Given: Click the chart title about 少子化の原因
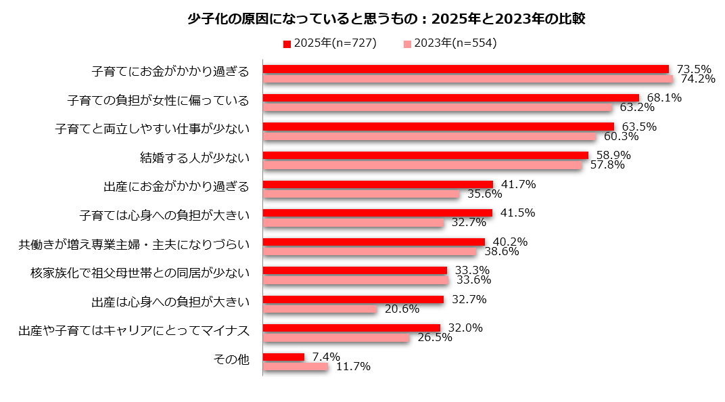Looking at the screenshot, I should [x=386, y=19].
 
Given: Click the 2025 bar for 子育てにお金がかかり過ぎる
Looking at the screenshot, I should [x=465, y=69].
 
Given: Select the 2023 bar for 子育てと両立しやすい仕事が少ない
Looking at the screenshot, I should [x=429, y=137].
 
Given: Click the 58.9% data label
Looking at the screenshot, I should [x=613, y=155].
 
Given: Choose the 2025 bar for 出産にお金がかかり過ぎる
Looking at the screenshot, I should [x=377, y=184].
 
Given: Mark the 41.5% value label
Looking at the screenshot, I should [x=518, y=213].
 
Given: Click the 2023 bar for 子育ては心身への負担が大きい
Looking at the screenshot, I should [x=352, y=223].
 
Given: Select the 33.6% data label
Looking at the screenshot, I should [x=473, y=280].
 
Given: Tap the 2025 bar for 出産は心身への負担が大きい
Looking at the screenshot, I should [x=352, y=299].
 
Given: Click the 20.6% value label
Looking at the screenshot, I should [x=402, y=309].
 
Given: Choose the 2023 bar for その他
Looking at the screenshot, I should [x=295, y=367].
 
